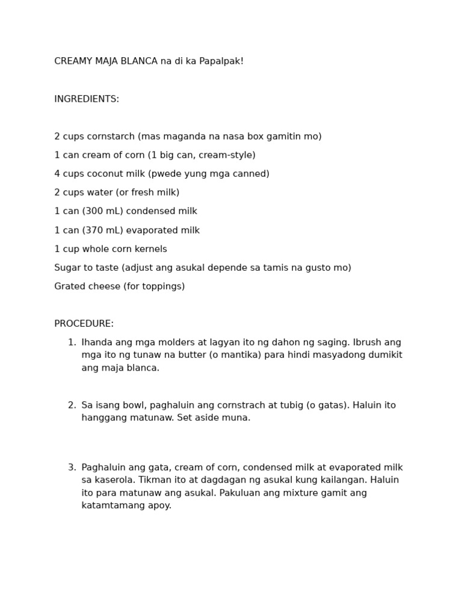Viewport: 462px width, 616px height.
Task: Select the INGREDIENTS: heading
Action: (87, 99)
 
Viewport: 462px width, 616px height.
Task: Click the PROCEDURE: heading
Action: (84, 324)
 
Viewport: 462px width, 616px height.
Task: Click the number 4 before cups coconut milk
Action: (57, 174)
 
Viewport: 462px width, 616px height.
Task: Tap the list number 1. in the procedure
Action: (72, 343)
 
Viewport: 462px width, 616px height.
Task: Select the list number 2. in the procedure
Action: (72, 405)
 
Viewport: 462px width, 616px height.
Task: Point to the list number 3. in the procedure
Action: (72, 467)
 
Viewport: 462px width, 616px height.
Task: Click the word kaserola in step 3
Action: (114, 480)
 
